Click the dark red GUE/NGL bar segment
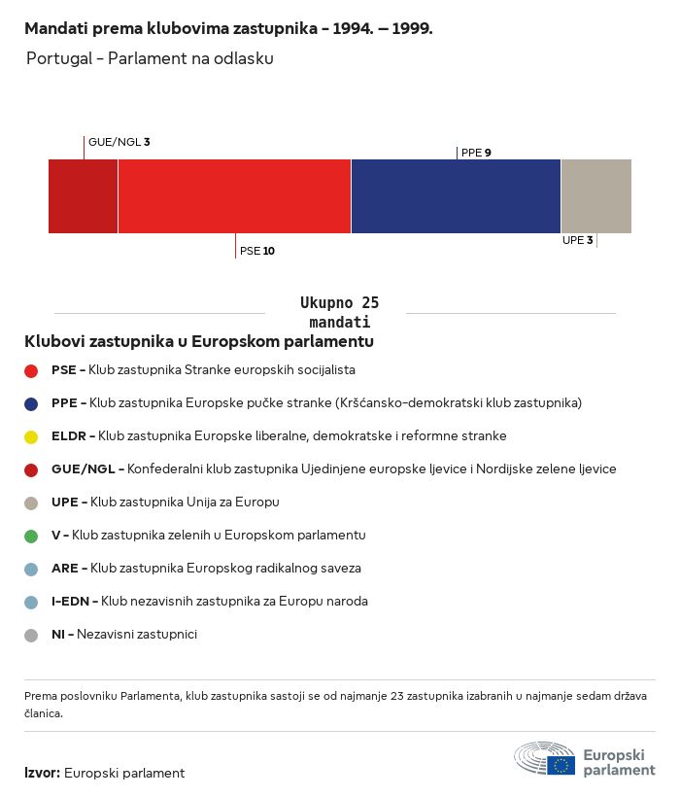[x=83, y=196]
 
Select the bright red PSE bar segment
[x=234, y=196]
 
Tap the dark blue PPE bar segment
[x=456, y=196]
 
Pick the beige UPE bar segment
[x=596, y=196]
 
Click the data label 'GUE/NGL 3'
[x=119, y=142]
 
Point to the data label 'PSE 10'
[x=257, y=251]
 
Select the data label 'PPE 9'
[x=476, y=153]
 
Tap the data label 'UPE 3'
[x=577, y=240]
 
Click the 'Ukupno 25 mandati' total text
[x=339, y=312]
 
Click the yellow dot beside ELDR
[x=31, y=437]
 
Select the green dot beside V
[x=31, y=537]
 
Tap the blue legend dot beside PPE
[x=31, y=404]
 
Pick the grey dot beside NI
[x=31, y=636]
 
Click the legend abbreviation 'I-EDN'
[x=70, y=602]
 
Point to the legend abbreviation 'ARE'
[x=65, y=569]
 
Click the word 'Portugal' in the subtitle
[x=59, y=58]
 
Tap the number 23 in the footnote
[x=397, y=696]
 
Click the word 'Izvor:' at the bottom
[x=42, y=773]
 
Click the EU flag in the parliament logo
[x=561, y=766]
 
